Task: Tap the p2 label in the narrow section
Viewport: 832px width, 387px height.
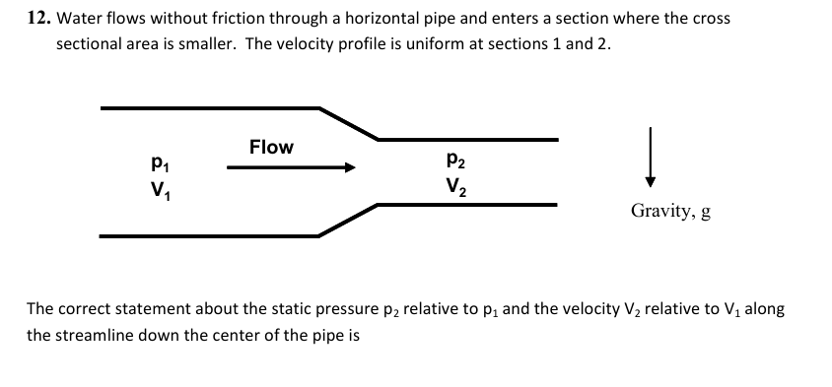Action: [455, 159]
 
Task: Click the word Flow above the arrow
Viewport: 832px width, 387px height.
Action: [271, 147]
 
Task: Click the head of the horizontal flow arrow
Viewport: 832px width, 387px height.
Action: [347, 168]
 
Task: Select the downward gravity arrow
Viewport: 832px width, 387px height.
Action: [650, 158]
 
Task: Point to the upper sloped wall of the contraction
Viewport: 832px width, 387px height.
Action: [348, 122]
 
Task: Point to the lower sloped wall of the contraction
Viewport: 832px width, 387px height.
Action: [348, 220]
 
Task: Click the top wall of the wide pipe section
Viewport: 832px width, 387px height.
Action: [207, 106]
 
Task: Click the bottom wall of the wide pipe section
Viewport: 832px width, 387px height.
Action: [207, 236]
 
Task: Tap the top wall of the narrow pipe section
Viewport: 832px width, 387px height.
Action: [468, 139]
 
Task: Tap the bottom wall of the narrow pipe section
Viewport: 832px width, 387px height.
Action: [468, 205]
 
